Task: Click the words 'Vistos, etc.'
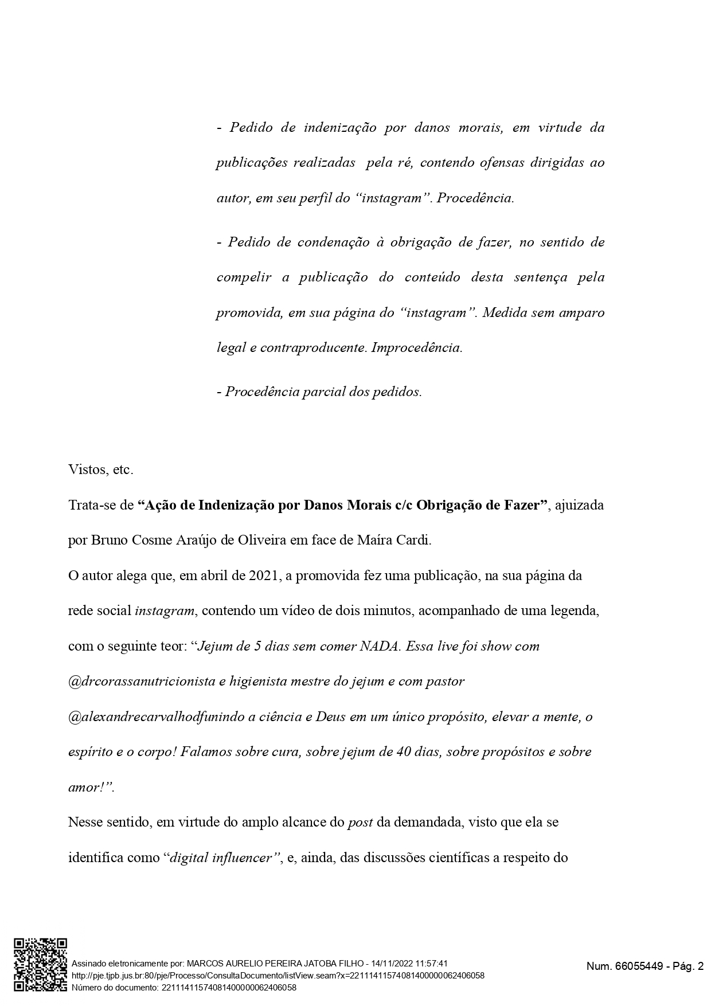pyautogui.click(x=100, y=470)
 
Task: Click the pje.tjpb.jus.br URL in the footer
pyautogui.click(x=278, y=975)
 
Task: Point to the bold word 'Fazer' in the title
pyautogui.click(x=520, y=506)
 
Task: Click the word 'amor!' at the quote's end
pyautogui.click(x=86, y=788)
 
